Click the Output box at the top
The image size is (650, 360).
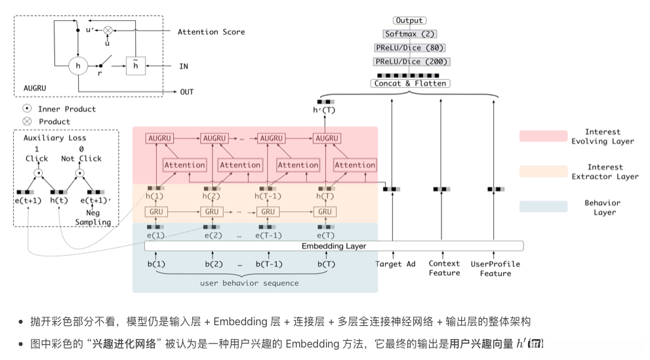(410, 21)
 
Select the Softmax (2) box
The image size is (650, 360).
(410, 33)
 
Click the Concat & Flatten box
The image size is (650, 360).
(410, 83)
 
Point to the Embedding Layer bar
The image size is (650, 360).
(334, 246)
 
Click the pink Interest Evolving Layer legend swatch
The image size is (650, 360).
(543, 136)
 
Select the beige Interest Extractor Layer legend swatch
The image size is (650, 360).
(543, 171)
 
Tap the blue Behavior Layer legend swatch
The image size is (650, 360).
(543, 207)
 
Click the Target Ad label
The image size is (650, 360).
(395, 264)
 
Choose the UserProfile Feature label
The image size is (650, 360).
(495, 269)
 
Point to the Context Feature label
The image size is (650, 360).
(444, 269)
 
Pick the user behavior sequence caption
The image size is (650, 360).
(249, 283)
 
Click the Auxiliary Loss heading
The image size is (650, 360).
(54, 138)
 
